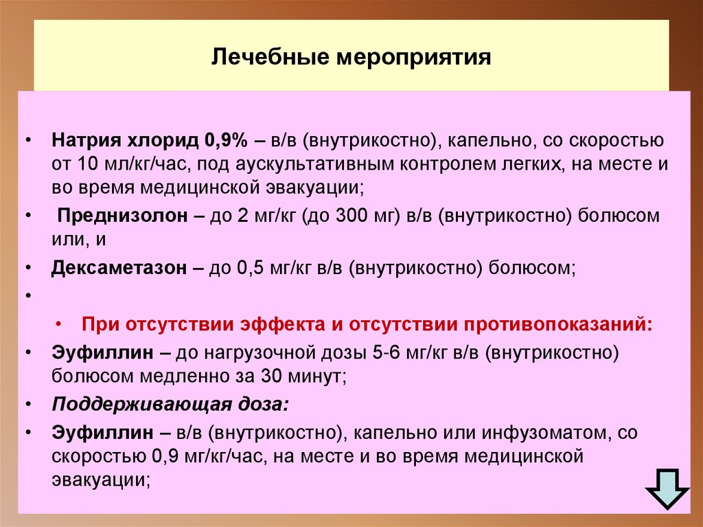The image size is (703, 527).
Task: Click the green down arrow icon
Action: point(667,489)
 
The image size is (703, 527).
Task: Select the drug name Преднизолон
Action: point(122,216)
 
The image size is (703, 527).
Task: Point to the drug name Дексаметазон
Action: point(119,268)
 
